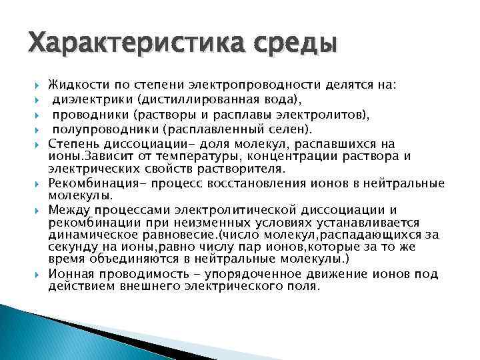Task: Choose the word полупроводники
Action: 101,129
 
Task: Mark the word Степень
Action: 72,144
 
